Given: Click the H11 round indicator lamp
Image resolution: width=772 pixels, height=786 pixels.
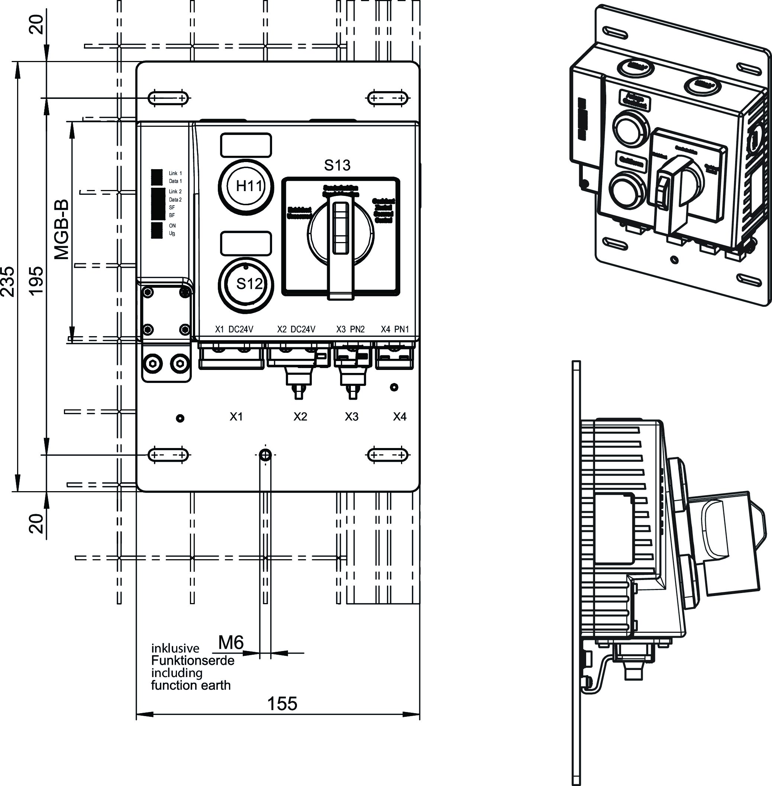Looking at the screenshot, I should (246, 187).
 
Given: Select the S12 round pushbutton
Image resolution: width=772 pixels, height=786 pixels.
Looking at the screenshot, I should (246, 284).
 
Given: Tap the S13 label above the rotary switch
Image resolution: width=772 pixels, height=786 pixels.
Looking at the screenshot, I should (337, 165).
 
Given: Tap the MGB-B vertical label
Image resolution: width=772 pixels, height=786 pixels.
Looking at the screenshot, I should (62, 229).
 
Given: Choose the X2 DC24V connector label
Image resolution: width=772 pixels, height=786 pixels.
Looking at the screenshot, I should (296, 329).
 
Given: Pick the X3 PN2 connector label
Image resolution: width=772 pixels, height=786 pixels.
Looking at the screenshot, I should (351, 329).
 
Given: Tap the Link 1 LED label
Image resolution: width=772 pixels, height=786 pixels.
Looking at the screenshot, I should (175, 173).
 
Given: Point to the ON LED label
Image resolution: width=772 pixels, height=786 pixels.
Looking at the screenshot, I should (172, 225).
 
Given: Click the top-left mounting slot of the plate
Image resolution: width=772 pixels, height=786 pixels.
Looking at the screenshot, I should (168, 98).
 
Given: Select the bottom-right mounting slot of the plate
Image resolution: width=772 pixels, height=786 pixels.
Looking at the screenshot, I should (387, 455).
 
